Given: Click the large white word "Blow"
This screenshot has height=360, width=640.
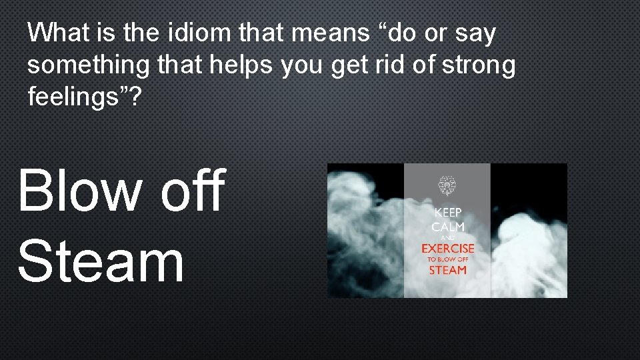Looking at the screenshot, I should tap(80, 191).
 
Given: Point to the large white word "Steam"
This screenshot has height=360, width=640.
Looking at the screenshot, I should tap(101, 262).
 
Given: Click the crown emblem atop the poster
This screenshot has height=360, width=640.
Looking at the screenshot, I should tap(447, 186).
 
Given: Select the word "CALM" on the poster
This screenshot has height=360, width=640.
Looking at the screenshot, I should tap(447, 227).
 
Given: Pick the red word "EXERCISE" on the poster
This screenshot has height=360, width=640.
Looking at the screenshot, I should tap(447, 249).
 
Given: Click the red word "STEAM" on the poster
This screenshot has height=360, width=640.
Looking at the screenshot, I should tap(447, 270).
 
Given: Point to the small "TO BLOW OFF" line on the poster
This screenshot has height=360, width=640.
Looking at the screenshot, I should tap(447, 259).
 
